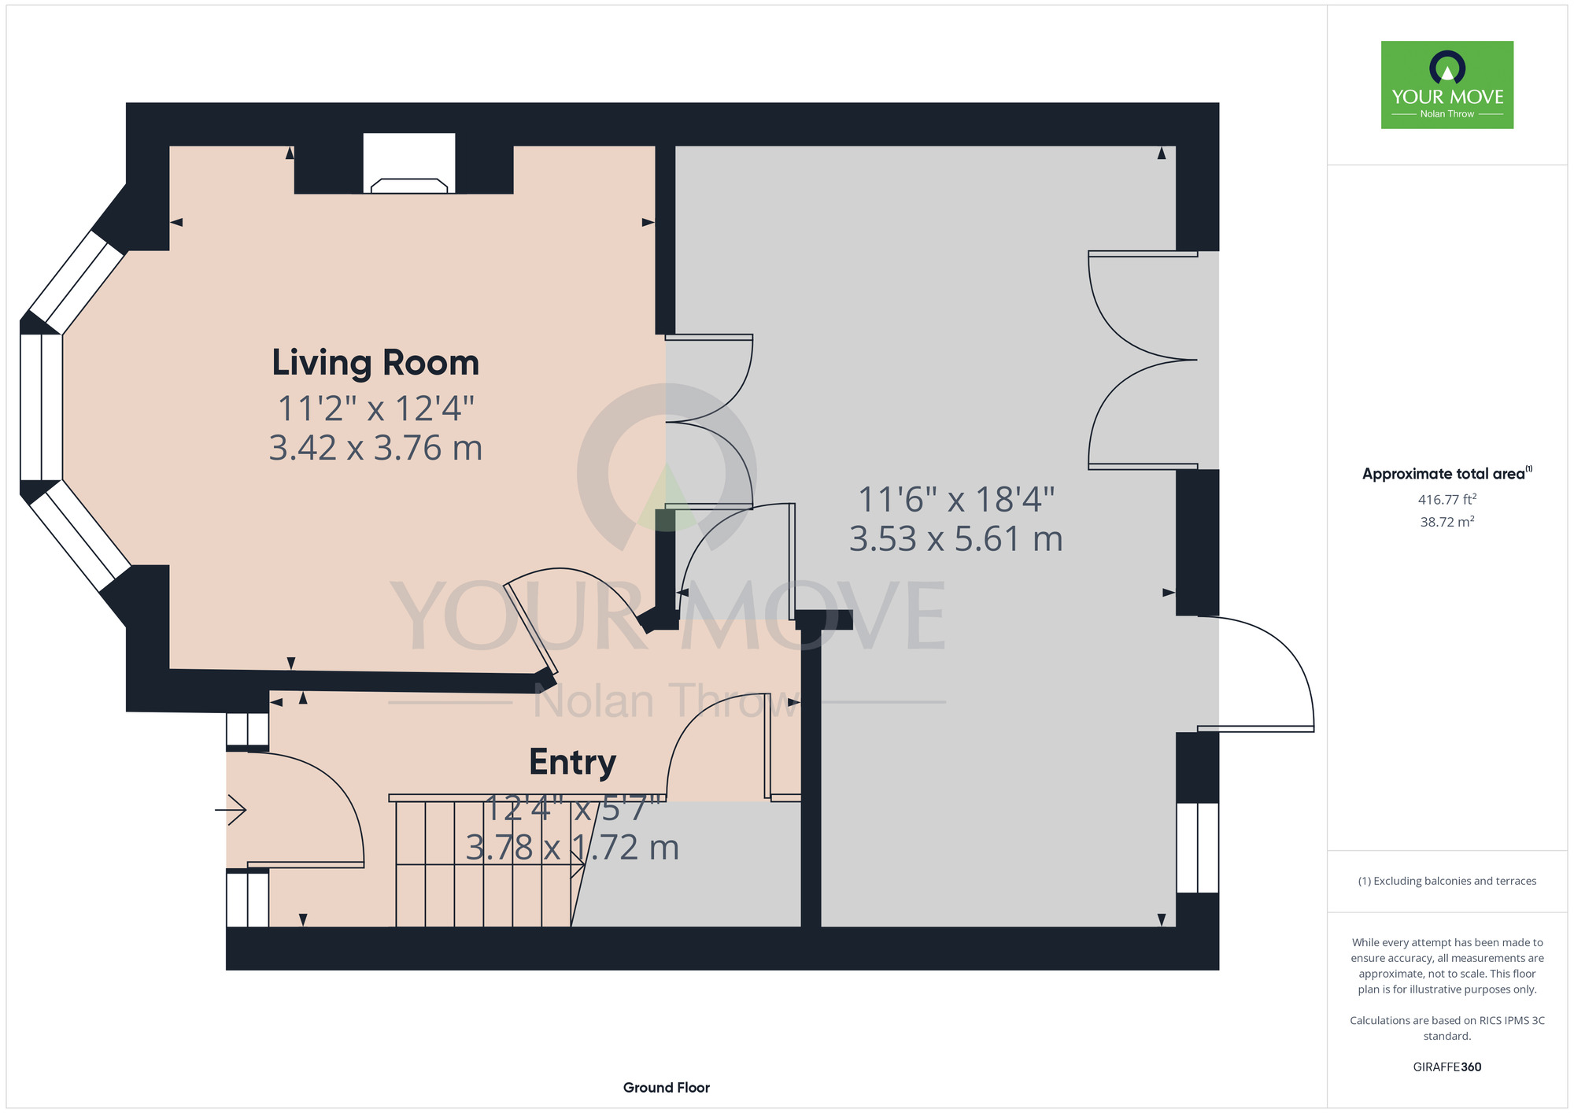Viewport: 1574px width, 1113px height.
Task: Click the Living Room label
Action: click(x=375, y=363)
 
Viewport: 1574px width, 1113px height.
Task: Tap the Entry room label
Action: click(x=572, y=762)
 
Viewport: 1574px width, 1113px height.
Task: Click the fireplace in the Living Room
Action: click(x=409, y=164)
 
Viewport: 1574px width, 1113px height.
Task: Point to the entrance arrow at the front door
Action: click(x=231, y=809)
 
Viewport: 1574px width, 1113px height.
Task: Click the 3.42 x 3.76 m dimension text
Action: click(x=375, y=448)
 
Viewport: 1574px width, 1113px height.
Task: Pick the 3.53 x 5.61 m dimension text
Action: click(x=956, y=539)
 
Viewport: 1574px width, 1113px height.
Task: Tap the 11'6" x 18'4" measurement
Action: click(x=956, y=499)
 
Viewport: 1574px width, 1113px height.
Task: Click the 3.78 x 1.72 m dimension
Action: click(x=572, y=848)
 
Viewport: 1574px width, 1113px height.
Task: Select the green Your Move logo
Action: click(x=1447, y=85)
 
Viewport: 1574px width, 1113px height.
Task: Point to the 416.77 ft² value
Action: click(x=1447, y=499)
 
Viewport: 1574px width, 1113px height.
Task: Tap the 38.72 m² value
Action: click(x=1447, y=521)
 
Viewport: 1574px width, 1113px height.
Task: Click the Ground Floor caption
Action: click(x=667, y=1087)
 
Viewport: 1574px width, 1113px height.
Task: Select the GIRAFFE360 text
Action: click(x=1447, y=1067)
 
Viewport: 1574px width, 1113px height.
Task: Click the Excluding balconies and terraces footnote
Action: click(x=1447, y=881)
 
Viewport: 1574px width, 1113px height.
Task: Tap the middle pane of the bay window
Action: click(x=41, y=407)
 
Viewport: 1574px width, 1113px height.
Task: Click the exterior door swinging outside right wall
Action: click(x=1256, y=674)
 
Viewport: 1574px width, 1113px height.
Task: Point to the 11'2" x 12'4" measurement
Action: click(x=375, y=409)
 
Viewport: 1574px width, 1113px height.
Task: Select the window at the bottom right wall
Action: click(x=1198, y=848)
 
